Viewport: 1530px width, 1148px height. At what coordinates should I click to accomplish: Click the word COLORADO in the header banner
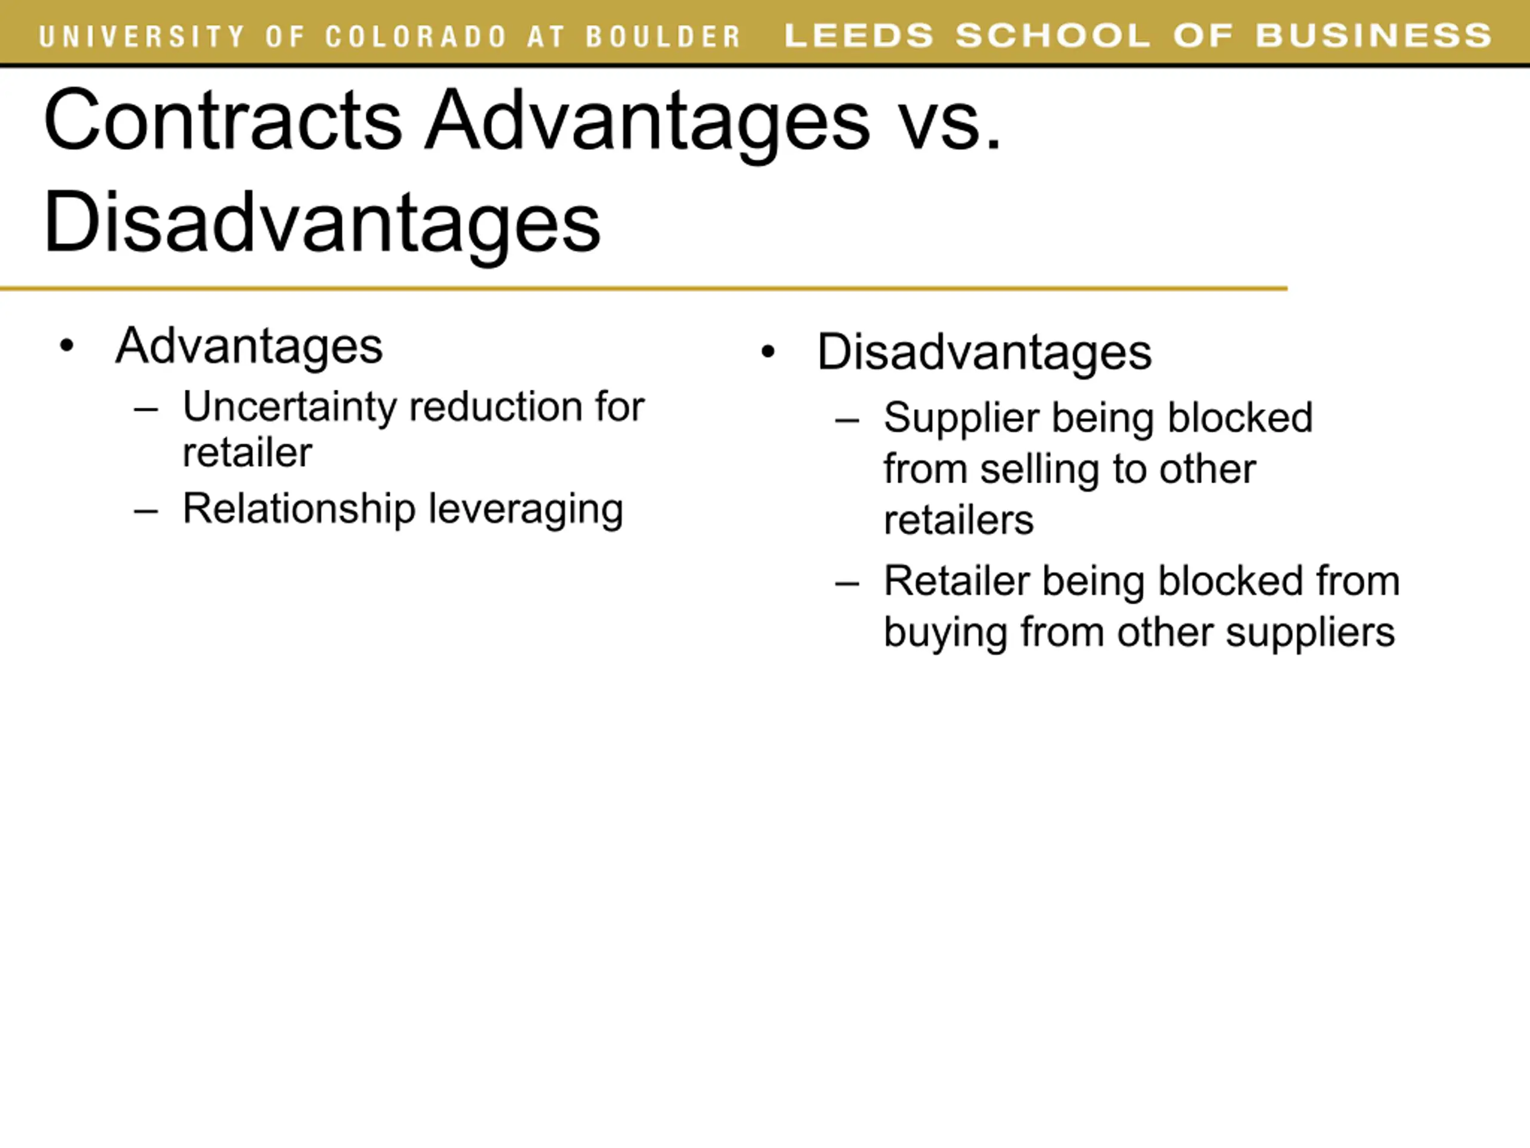(417, 36)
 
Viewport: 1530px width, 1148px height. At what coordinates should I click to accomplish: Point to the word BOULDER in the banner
(663, 36)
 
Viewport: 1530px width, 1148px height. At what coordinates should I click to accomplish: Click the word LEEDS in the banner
(858, 35)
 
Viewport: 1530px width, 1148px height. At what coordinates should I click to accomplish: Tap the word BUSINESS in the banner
(1373, 35)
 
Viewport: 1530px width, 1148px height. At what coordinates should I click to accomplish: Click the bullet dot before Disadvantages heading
(768, 352)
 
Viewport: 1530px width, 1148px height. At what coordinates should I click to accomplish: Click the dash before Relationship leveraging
(146, 512)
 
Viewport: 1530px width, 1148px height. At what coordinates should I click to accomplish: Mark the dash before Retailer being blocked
(847, 584)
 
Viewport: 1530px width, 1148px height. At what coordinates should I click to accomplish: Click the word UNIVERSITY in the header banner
(142, 36)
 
